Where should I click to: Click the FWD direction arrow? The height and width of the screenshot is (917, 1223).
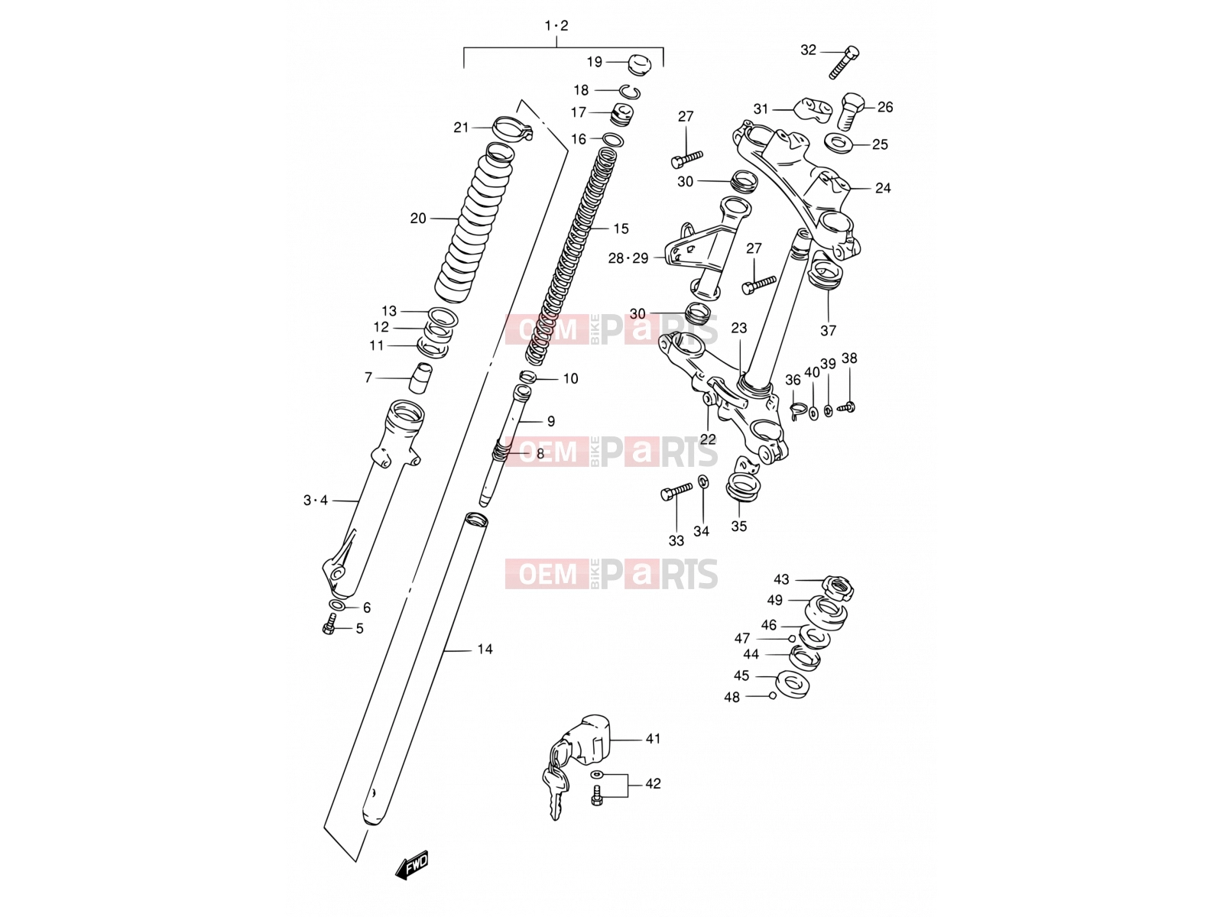[412, 867]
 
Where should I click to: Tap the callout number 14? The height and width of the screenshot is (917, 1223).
[485, 650]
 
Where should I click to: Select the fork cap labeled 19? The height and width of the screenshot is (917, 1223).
[639, 65]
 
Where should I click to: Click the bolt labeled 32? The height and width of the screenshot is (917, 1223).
[844, 62]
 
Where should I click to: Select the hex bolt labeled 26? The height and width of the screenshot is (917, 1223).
[850, 112]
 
